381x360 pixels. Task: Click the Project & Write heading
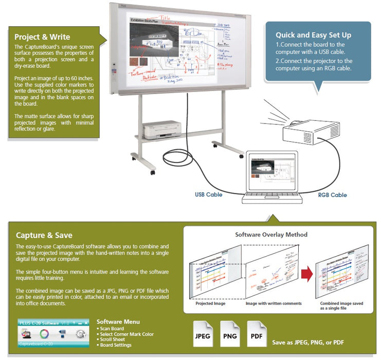[42, 37]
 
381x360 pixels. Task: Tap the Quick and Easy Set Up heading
[313, 35]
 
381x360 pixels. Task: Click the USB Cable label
[208, 195]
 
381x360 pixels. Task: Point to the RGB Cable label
[332, 195]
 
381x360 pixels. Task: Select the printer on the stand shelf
[162, 128]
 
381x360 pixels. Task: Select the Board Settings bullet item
[116, 345]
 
